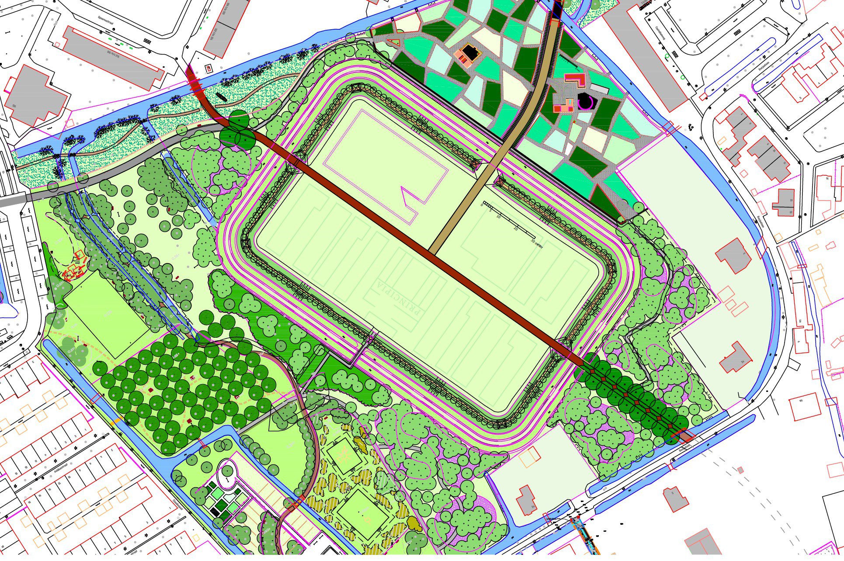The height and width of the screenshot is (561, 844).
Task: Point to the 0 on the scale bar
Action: point(482,204)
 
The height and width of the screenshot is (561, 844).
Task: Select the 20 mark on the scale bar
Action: point(515,229)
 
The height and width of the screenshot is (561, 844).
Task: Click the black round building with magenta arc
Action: point(585,101)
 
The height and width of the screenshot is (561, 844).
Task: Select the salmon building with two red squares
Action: point(563,106)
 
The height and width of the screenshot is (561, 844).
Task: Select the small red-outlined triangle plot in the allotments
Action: point(394,42)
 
